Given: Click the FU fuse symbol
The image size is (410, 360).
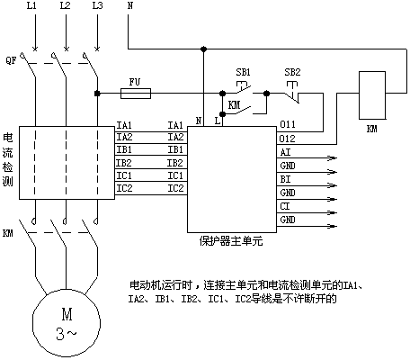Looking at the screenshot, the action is point(136,94).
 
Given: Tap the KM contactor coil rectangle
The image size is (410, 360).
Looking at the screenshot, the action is point(372,95).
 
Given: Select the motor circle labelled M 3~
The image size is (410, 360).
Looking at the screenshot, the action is point(67,322).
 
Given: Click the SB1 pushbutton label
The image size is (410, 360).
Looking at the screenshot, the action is point(243,72).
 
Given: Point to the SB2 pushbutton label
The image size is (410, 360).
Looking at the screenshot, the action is point(292,72).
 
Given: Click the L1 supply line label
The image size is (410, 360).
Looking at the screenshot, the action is point(31,5).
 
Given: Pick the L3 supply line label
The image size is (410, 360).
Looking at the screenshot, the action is point(97,5).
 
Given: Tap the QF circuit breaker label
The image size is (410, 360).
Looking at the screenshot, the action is point(11,60).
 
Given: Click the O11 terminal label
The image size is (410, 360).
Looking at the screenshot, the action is point(287,124).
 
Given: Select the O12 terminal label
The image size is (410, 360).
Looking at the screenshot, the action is point(287,139).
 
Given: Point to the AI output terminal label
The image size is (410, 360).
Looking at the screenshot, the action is point(285,152).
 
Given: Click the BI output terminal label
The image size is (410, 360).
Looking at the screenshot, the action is point(285,179).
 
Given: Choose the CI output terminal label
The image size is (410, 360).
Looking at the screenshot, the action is point(285,206).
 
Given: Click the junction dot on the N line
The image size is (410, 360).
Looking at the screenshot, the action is point(203,49).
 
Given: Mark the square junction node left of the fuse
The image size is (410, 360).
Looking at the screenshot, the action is point(97,94).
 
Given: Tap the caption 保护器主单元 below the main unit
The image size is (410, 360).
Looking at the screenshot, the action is point(231,241).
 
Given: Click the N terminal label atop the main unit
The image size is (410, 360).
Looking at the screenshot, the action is point(199,121).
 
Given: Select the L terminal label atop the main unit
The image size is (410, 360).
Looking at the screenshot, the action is point(218,121).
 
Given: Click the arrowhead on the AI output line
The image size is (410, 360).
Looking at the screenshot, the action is point(332,158).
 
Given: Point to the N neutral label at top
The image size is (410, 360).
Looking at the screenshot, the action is point(130,5).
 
